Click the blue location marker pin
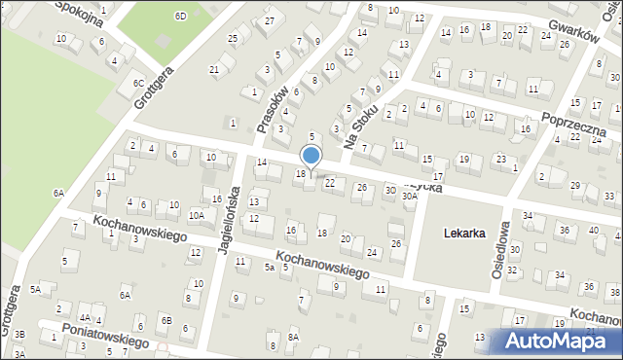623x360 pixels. click(x=311, y=156)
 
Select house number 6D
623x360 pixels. click(x=180, y=16)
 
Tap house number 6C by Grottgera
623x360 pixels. click(x=138, y=84)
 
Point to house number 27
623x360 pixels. click(x=270, y=21)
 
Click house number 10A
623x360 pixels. click(x=196, y=215)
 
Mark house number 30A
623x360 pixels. click(x=410, y=196)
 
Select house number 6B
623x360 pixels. click(x=166, y=320)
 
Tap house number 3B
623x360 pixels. click(x=19, y=334)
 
